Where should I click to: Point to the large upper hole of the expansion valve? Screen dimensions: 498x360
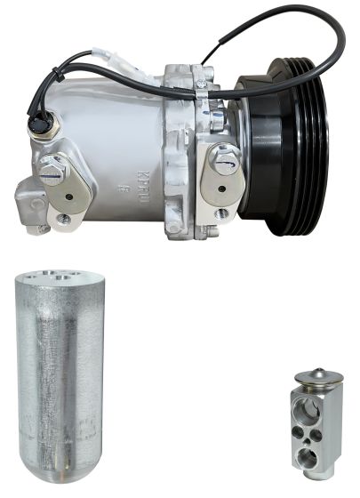312,407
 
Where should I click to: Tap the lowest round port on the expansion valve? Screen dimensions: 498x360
307,459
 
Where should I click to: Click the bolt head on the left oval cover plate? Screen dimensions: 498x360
53,171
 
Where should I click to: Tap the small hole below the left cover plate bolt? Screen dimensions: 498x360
64,216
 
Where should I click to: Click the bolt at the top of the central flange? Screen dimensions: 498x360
202,86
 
